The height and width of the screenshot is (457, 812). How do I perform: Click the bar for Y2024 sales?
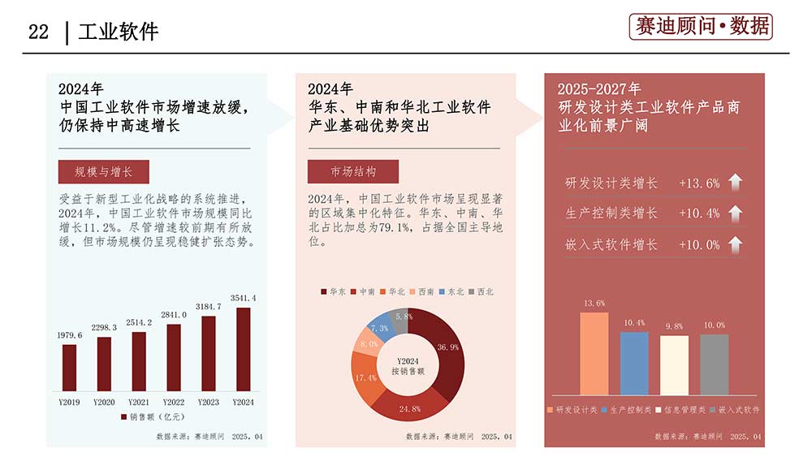tap(244, 349)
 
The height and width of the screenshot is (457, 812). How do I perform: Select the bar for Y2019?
tap(70, 367)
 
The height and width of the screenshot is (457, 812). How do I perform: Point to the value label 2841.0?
tap(174, 315)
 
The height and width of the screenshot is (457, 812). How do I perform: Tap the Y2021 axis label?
tap(139, 402)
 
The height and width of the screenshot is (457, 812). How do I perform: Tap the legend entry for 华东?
tap(333, 291)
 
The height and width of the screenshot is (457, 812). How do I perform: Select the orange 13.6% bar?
tap(594, 353)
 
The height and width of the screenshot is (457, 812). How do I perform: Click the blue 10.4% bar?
tap(634, 363)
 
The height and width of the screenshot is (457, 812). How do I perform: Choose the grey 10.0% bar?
tap(715, 364)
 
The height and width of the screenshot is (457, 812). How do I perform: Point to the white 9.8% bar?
tap(674, 364)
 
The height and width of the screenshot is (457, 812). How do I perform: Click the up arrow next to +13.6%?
tap(736, 183)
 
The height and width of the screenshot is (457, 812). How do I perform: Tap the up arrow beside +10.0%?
tap(736, 244)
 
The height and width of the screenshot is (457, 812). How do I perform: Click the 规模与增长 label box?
tap(103, 172)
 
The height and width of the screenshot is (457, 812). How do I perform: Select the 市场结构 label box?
tap(353, 172)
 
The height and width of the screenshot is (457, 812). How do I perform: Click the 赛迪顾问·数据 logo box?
tap(701, 27)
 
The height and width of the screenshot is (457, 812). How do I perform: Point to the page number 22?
tap(39, 32)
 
